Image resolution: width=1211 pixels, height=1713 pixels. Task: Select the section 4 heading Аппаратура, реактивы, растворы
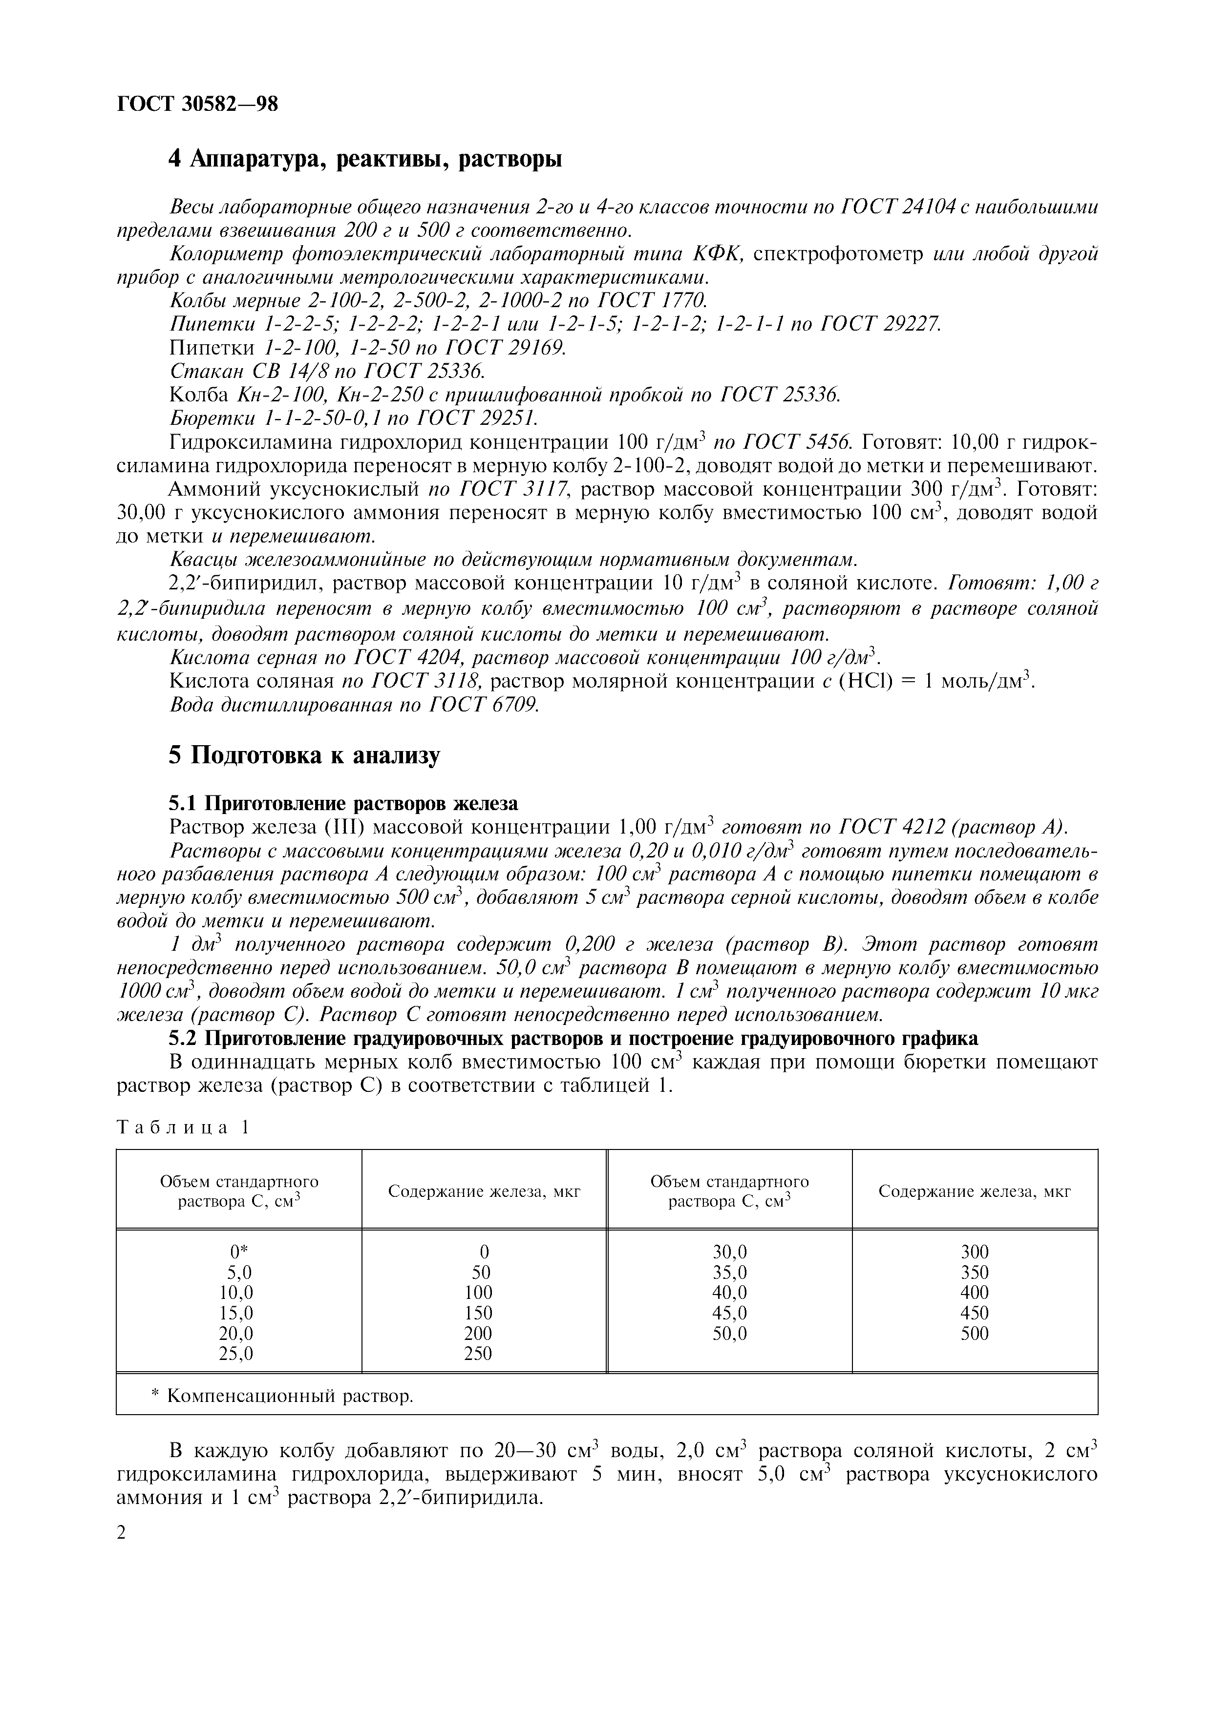pos(365,159)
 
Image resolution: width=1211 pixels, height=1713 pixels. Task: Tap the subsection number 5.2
pos(184,1039)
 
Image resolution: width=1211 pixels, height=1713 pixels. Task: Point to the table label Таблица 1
pos(182,1128)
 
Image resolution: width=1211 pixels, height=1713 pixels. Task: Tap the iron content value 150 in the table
pos(478,1313)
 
